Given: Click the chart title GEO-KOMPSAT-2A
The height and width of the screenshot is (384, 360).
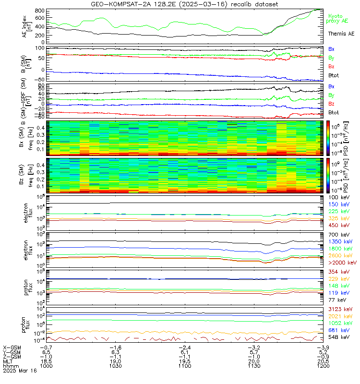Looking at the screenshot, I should pyautogui.click(x=185, y=4).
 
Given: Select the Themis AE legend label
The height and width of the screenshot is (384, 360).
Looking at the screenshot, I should pyautogui.click(x=341, y=34).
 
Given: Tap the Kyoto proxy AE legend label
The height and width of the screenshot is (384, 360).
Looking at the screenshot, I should pyautogui.click(x=341, y=19).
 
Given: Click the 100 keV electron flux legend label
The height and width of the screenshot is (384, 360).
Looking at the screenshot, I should pyautogui.click(x=338, y=197).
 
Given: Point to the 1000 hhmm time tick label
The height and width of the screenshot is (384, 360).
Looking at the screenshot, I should pyautogui.click(x=46, y=366).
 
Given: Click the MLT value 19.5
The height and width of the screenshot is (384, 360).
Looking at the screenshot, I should pyautogui.click(x=184, y=361).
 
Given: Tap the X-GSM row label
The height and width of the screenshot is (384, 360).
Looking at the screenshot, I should pyautogui.click(x=12, y=347).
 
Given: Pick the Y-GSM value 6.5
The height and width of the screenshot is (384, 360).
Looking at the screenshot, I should pyautogui.click(x=46, y=351).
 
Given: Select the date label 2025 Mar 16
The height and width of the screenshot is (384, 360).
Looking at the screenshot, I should pyautogui.click(x=19, y=371).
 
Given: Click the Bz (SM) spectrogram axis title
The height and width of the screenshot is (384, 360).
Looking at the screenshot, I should pyautogui.click(x=22, y=175).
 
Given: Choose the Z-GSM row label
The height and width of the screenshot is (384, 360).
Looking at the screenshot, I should pyautogui.click(x=12, y=356).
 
